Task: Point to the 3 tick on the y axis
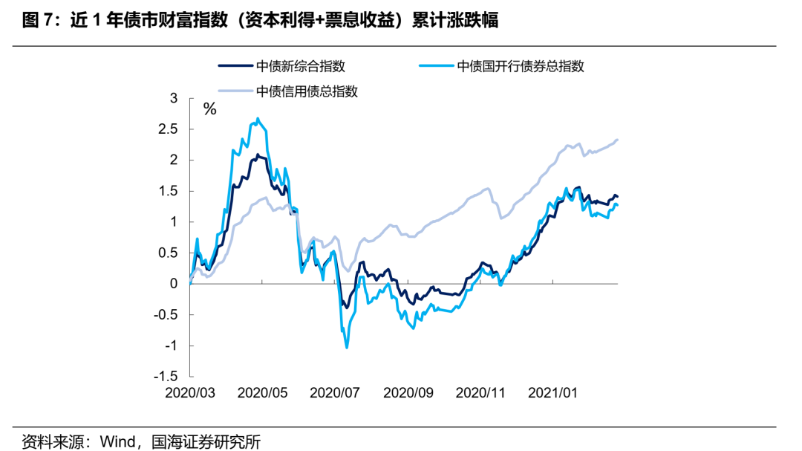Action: click(x=174, y=98)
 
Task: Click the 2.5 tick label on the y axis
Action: click(x=169, y=129)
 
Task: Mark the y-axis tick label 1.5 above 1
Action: click(x=169, y=191)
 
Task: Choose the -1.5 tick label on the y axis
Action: click(x=167, y=377)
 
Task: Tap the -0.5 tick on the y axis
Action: click(x=167, y=315)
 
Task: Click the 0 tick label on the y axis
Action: click(x=174, y=284)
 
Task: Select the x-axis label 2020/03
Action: click(x=190, y=392)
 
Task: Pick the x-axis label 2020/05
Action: click(x=262, y=392)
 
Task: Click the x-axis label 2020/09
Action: click(x=408, y=392)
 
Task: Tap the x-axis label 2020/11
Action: click(x=480, y=392)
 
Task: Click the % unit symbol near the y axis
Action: click(x=210, y=110)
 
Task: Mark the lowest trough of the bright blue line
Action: click(x=347, y=347)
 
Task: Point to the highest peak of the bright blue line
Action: click(x=258, y=118)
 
